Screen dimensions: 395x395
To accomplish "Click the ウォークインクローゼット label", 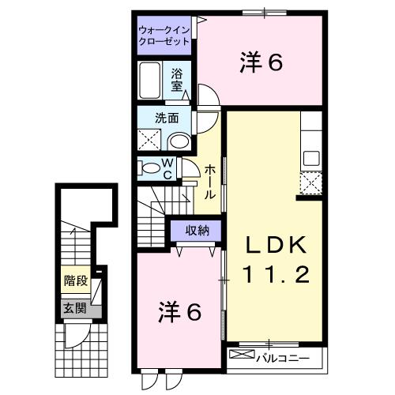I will (164, 36).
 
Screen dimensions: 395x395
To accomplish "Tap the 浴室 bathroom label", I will (178, 80).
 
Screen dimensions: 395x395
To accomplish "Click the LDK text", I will (273, 246).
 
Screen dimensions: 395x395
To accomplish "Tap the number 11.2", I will (273, 277).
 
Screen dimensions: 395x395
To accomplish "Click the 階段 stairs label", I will (74, 280).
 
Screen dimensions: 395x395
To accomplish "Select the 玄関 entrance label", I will (74, 307).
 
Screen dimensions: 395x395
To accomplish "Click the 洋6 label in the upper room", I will (260, 63).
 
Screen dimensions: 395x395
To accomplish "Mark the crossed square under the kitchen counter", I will (311, 184).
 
